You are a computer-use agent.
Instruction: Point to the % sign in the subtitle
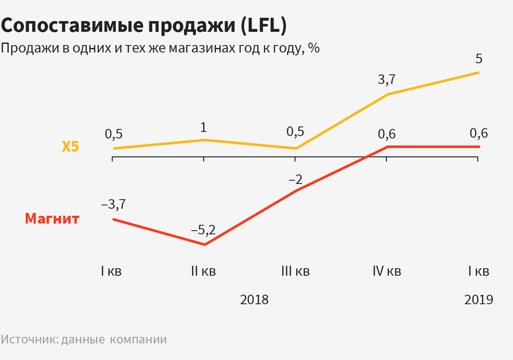point(314,48)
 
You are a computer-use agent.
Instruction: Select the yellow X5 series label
point(70,147)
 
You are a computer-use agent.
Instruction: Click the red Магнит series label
point(52,218)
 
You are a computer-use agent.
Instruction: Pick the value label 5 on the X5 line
point(479,59)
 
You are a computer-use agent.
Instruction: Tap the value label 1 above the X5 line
point(203,127)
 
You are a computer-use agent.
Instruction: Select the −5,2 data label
point(203,230)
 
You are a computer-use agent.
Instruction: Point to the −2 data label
point(295,180)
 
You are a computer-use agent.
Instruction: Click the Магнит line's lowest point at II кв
point(205,245)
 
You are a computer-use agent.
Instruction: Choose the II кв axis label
point(203,272)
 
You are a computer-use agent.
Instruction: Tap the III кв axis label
point(295,272)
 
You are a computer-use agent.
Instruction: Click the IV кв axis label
point(387,272)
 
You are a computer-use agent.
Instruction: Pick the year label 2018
point(254,300)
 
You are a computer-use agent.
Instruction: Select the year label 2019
point(479,300)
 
